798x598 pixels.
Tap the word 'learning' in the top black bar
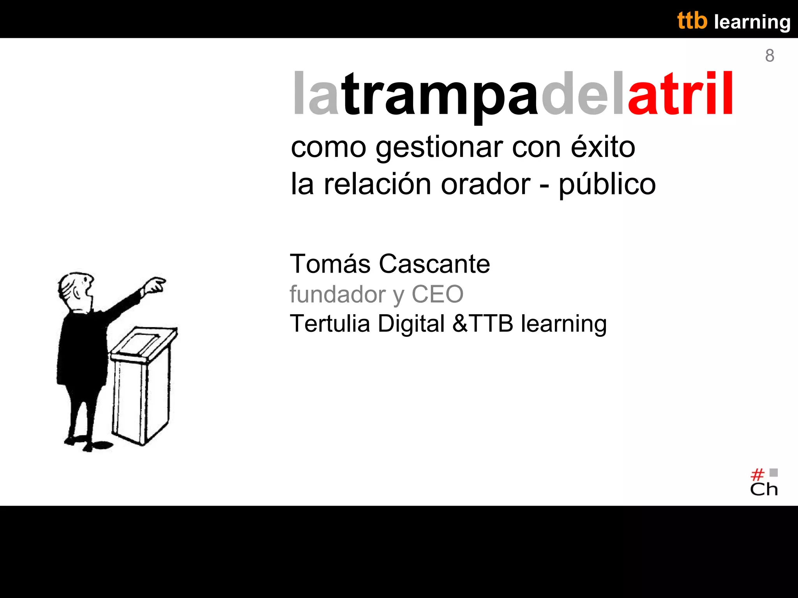point(752,22)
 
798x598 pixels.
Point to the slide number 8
point(770,56)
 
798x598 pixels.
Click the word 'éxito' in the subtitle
point(603,147)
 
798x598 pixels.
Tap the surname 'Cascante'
point(434,264)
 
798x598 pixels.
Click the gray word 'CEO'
point(438,294)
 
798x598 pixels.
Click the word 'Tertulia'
point(330,324)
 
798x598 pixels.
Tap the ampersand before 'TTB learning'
point(460,324)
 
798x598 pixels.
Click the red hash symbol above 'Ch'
point(757,475)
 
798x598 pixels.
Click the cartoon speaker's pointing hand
point(155,285)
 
